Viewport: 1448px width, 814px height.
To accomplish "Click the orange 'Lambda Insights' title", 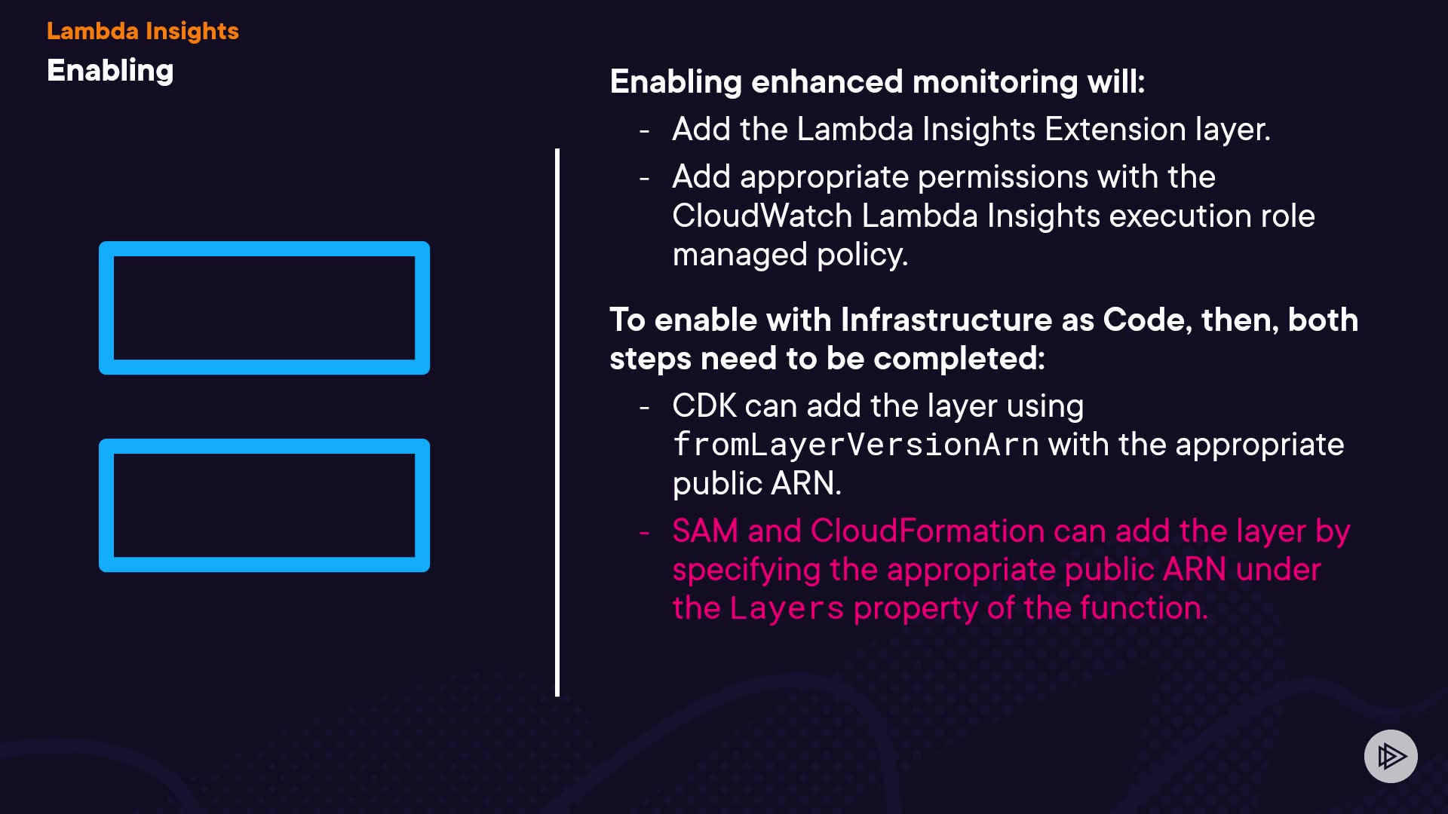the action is [143, 31].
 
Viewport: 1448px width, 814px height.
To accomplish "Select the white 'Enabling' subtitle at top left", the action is [110, 71].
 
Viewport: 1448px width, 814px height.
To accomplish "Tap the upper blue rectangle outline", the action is [264, 249].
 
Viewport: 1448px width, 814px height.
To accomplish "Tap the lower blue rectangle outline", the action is [264, 446].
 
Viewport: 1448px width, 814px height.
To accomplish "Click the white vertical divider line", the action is [557, 422].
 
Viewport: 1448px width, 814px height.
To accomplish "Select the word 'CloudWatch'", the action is [762, 216].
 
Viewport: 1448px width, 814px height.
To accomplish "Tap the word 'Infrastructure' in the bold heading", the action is [946, 320].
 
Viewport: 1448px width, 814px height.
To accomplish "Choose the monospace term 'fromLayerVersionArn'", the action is [855, 445].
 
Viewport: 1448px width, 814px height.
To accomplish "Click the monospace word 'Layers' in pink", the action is [787, 609].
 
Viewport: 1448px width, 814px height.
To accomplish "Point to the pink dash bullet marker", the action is [644, 533].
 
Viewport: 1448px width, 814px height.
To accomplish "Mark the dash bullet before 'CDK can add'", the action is [644, 408].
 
